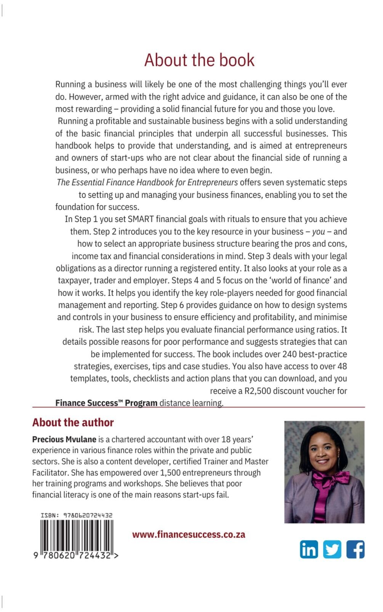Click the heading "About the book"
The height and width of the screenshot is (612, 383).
click(199, 60)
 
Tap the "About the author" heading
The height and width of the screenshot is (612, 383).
click(73, 422)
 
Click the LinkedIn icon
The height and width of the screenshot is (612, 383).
click(309, 549)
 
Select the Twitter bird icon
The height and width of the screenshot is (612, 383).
click(332, 549)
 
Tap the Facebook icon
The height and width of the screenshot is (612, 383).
click(355, 549)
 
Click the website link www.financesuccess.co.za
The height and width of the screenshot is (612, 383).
click(189, 535)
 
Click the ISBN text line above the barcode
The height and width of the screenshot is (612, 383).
click(77, 515)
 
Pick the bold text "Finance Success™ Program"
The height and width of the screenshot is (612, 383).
click(106, 403)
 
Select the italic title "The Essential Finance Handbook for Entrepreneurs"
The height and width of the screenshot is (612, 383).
click(147, 182)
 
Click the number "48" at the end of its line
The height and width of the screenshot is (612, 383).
click(342, 366)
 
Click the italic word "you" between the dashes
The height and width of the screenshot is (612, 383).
click(318, 232)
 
